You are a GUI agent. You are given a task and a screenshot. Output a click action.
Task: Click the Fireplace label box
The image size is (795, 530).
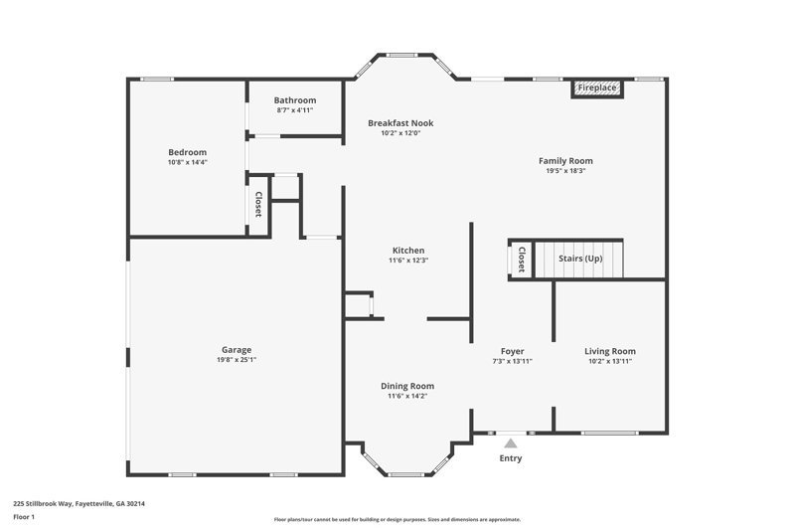pos(598,88)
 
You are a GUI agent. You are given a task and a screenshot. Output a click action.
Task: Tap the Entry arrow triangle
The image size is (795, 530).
pos(510,443)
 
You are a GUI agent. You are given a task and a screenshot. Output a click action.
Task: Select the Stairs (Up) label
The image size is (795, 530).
pos(580,259)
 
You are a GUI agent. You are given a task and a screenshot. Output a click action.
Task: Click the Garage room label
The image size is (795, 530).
pos(236,350)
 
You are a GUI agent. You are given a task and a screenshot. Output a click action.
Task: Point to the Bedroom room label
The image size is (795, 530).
pos(187,152)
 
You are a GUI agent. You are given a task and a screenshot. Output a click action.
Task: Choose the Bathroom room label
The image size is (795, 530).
pos(295,100)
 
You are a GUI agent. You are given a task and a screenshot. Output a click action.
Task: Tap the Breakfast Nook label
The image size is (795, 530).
pos(400,123)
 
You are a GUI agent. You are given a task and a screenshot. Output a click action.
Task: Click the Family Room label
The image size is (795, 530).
pos(572,160)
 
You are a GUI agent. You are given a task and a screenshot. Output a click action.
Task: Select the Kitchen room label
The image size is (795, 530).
pos(408,251)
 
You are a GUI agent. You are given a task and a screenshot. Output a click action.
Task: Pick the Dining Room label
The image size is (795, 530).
pos(407,386)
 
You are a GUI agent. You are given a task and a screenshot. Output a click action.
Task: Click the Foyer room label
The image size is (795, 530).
pos(512,351)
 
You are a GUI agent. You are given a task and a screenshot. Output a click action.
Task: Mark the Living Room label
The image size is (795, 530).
pos(609,351)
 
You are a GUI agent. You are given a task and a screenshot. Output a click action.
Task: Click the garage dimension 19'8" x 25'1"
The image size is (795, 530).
pos(236,361)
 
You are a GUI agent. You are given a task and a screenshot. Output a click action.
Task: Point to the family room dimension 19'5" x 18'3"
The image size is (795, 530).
pos(572,171)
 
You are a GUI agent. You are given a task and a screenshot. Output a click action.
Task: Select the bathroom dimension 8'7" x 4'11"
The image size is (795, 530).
pos(295,110)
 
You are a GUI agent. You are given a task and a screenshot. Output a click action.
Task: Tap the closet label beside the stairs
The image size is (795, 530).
pos(522,260)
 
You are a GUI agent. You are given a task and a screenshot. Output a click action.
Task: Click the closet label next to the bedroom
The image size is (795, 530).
pos(258,205)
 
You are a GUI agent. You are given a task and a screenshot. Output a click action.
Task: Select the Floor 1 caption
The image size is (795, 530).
pos(24,517)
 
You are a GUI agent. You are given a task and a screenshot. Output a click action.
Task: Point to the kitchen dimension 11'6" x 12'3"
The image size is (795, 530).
pos(408,261)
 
